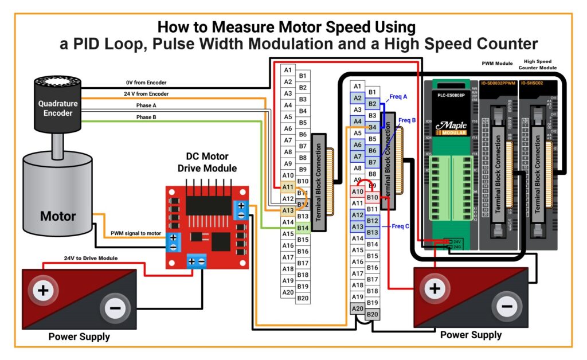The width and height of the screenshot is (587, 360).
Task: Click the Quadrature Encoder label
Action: point(56,108)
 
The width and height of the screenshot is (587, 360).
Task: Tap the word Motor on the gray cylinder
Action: point(58,216)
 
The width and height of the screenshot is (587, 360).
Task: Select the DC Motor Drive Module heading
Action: point(207,162)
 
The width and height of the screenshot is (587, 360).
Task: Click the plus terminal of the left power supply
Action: point(43,291)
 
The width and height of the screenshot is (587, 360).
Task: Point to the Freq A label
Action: point(398,97)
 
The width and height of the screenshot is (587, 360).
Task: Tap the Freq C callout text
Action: point(401,226)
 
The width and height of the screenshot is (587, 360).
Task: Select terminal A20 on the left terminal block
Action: point(288,292)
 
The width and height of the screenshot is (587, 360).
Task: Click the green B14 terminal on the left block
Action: point(303,228)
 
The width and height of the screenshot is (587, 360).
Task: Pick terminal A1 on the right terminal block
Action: point(357,87)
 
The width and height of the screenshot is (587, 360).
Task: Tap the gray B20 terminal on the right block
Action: point(373,314)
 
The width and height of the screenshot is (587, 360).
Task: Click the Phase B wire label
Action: point(146,117)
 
